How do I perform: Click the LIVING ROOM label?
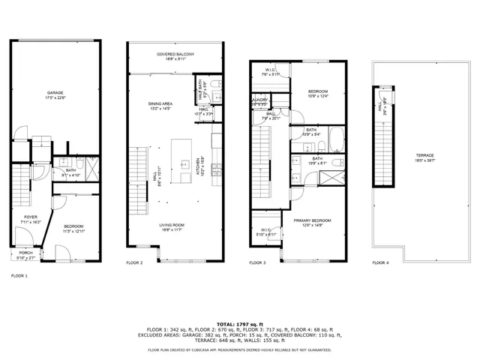pyautogui.click(x=172, y=226)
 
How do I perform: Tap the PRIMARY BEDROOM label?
pyautogui.click(x=311, y=220)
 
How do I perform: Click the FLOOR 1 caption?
pyautogui.click(x=19, y=276)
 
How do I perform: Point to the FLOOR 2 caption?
pyautogui.click(x=134, y=262)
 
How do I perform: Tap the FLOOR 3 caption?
pyautogui.click(x=257, y=262)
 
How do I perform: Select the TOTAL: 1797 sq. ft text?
pyautogui.click(x=240, y=322)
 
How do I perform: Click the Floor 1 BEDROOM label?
pyautogui.click(x=73, y=226)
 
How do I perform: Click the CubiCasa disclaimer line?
pyautogui.click(x=240, y=349)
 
